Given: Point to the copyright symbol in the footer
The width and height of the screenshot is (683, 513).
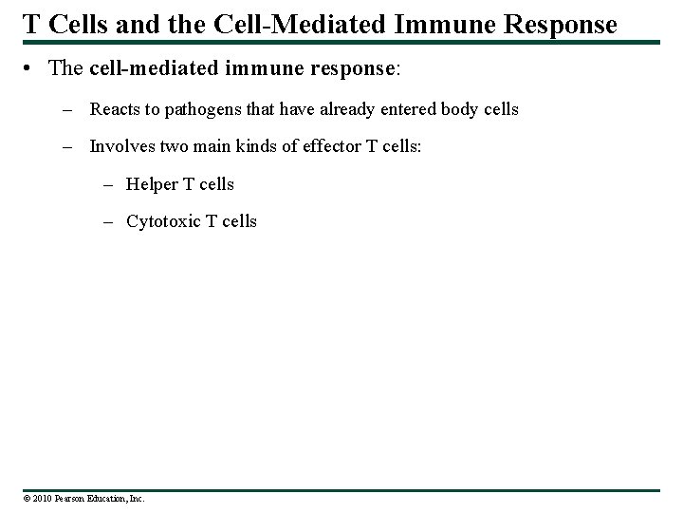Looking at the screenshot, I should [27, 498].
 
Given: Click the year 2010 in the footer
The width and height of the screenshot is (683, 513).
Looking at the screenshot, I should [42, 498].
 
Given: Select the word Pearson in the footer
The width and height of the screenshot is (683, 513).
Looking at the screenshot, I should [68, 498].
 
